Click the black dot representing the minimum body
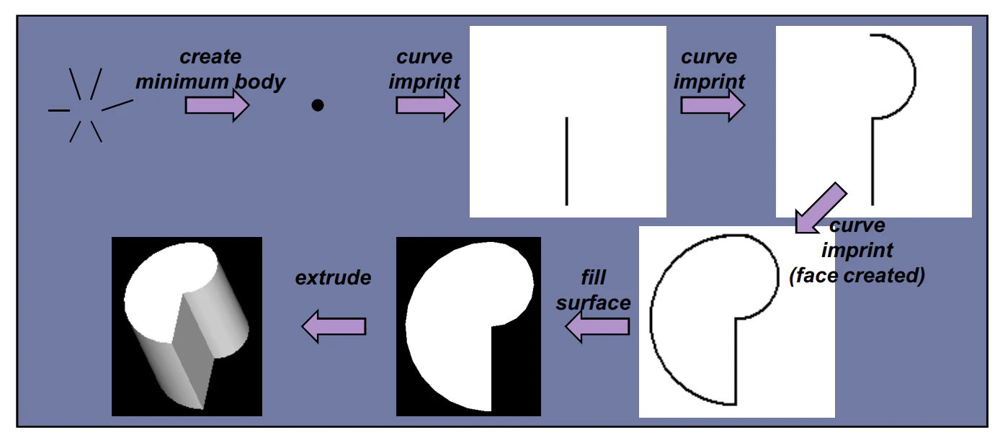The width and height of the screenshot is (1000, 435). click(318, 105)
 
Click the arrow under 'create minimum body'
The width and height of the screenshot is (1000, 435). click(217, 105)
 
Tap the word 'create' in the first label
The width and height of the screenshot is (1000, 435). click(210, 57)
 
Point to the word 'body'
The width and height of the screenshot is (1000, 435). click(260, 82)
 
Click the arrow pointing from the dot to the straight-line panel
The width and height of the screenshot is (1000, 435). click(428, 105)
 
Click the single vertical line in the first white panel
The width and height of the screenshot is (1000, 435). click(566, 161)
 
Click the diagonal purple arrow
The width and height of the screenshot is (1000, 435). click(821, 208)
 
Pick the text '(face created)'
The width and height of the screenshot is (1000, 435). click(857, 276)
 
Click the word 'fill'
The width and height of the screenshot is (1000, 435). click(594, 277)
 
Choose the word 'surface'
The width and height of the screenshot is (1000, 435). click(594, 303)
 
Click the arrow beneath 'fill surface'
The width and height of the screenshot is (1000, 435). click(597, 326)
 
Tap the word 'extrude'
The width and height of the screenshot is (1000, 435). click(333, 277)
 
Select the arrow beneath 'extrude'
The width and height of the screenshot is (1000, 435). click(334, 326)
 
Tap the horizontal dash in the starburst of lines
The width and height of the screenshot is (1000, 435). click(59, 110)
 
